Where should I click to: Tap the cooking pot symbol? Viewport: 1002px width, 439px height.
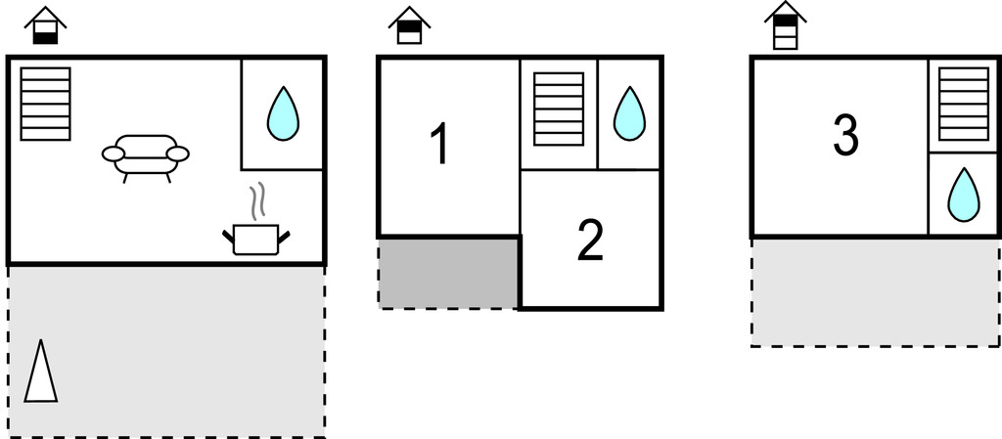pyautogui.click(x=257, y=239)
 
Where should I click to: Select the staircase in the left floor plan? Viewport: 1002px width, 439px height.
pyautogui.click(x=46, y=104)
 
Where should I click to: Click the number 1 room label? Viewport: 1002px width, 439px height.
pyautogui.click(x=440, y=145)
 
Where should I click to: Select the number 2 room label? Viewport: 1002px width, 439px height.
pyautogui.click(x=590, y=241)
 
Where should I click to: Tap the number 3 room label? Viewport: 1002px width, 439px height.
pyautogui.click(x=845, y=137)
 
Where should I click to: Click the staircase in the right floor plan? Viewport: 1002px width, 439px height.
pyautogui.click(x=964, y=104)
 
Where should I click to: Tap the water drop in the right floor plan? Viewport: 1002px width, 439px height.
pyautogui.click(x=964, y=195)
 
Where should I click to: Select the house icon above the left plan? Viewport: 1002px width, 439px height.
pyautogui.click(x=45, y=26)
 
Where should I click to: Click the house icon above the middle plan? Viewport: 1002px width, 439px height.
pyautogui.click(x=409, y=26)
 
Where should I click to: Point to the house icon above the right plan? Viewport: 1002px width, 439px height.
pyautogui.click(x=785, y=24)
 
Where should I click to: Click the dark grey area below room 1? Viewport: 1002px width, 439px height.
pyautogui.click(x=448, y=273)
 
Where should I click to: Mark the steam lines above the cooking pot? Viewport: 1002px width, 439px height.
pyautogui.click(x=257, y=202)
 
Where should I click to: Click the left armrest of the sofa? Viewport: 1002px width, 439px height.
pyautogui.click(x=114, y=154)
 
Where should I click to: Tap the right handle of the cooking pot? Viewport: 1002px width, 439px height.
pyautogui.click(x=286, y=234)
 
